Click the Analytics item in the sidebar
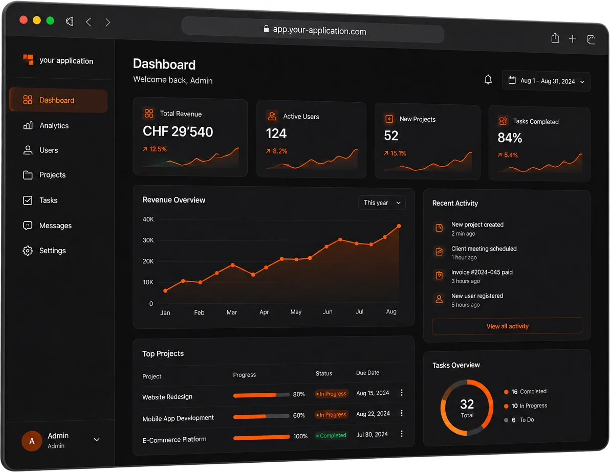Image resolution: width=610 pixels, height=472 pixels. coord(46,125)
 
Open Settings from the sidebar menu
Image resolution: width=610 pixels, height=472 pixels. coord(45,251)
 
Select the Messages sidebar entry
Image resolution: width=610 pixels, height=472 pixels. coord(48,226)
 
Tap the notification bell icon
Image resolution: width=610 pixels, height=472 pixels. coord(488,79)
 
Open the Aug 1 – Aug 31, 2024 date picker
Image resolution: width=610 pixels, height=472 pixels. coord(546,81)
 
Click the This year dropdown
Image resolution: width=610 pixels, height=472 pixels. coord(382,203)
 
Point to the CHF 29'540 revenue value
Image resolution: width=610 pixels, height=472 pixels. coord(178,131)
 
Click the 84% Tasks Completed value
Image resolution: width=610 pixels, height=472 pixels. coord(510,138)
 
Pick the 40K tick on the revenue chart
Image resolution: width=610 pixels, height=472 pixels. coord(148,219)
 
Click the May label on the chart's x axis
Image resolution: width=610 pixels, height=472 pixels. coord(296,312)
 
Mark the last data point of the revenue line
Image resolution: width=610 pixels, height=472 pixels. coord(399,226)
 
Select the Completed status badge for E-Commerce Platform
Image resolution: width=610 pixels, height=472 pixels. coord(331,436)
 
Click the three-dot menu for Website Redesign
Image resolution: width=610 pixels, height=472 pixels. coord(402,393)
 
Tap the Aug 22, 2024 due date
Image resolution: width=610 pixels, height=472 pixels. coord(373,414)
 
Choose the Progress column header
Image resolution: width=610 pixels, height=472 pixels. coord(244,375)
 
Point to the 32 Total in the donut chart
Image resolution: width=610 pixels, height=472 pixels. coord(467,408)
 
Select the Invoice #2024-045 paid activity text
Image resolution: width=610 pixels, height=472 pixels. coord(482,272)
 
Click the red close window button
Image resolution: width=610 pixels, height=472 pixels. coord(24,20)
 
